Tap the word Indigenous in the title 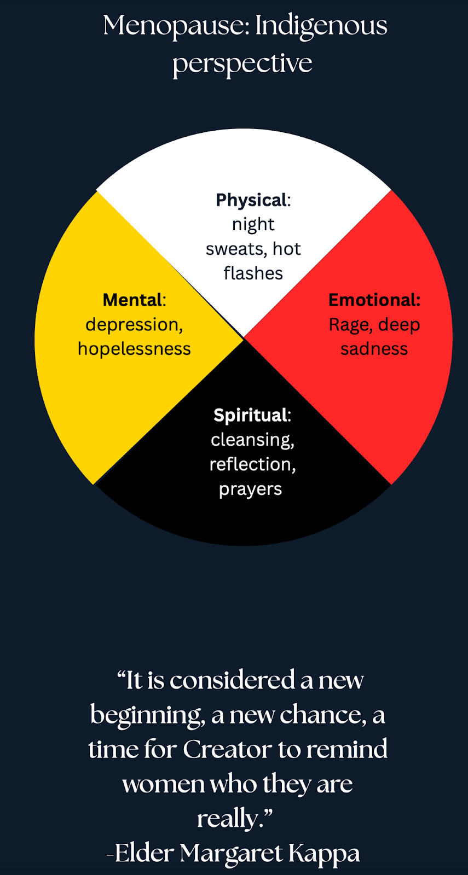pyautogui.click(x=321, y=26)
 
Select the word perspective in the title pyautogui.click(x=242, y=63)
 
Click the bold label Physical pyautogui.click(x=251, y=200)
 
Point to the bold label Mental pyautogui.click(x=132, y=300)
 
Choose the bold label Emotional pyautogui.click(x=373, y=300)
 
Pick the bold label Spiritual pyautogui.click(x=250, y=415)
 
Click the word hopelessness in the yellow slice pyautogui.click(x=134, y=349)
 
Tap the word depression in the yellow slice pyautogui.click(x=133, y=325)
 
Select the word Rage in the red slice pyautogui.click(x=349, y=325)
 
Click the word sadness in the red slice pyautogui.click(x=374, y=349)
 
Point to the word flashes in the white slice pyautogui.click(x=253, y=273)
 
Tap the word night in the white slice pyautogui.click(x=253, y=224)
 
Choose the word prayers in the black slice pyautogui.click(x=250, y=489)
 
